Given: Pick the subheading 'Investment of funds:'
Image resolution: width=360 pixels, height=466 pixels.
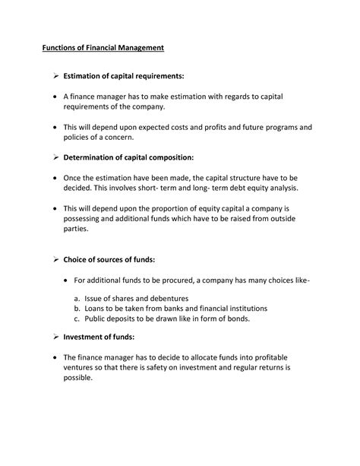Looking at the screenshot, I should pos(99,336).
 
